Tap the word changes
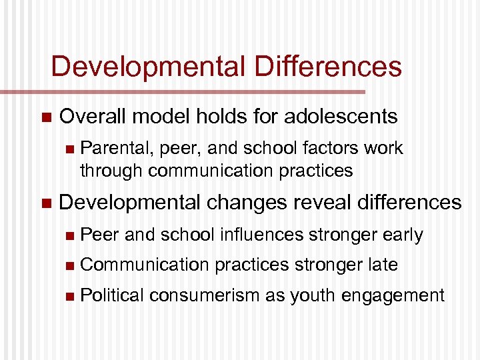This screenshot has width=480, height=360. tap(236, 202)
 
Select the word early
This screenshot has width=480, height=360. tap(403, 235)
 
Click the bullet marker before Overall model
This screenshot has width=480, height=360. tap(45, 117)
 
